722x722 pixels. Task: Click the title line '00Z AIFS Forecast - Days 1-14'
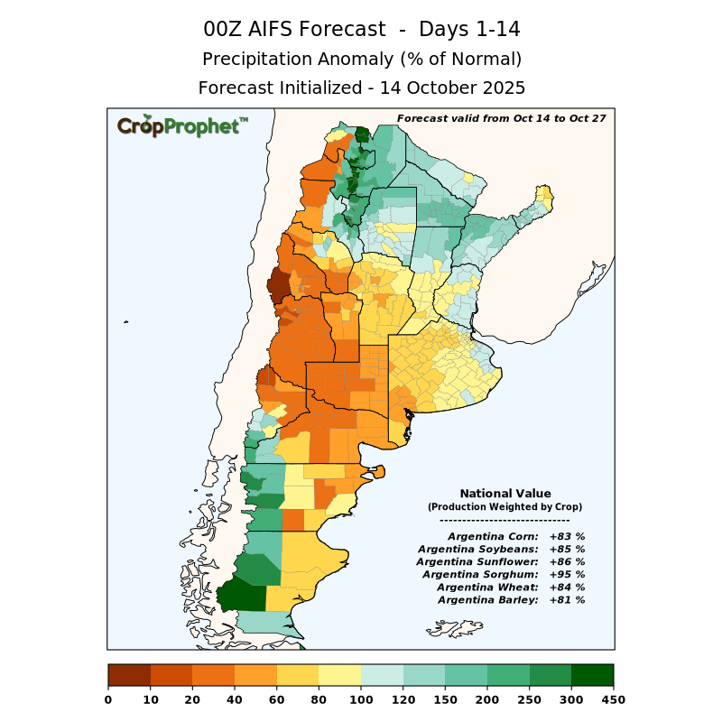point(361,29)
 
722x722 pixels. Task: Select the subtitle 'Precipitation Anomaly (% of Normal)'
point(361,59)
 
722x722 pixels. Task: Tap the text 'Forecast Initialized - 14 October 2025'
point(361,88)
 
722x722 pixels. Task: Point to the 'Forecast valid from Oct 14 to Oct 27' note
point(501,118)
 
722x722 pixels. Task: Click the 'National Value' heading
point(504,494)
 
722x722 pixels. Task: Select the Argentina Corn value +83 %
point(567,536)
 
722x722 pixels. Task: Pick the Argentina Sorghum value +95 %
point(567,574)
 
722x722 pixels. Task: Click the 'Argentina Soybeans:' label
point(478,549)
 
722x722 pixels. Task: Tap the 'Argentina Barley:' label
point(487,599)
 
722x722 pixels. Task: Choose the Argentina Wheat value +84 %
point(567,587)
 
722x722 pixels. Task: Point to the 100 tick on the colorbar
point(361,699)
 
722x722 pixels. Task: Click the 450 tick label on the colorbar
point(614,699)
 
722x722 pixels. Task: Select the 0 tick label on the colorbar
point(108,699)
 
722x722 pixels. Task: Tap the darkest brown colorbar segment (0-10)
point(129,675)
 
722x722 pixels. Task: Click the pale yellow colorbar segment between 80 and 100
point(339,675)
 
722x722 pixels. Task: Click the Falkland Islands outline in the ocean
point(456,625)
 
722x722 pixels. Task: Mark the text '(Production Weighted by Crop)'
point(504,507)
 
